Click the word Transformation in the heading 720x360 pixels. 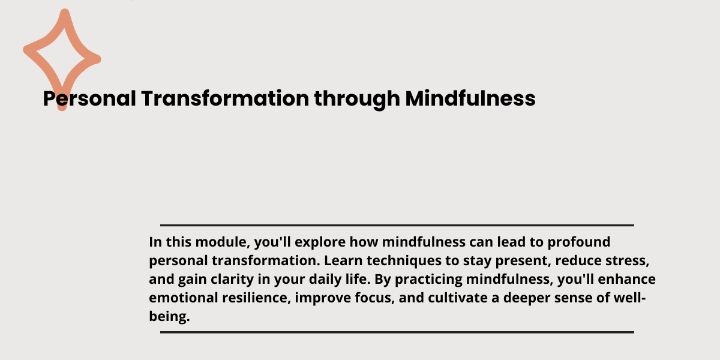coord(225,98)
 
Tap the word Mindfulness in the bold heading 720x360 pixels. coord(470,98)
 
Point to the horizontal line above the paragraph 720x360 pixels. coord(397,226)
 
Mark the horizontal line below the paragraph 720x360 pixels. coord(397,332)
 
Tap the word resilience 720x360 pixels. coord(256,298)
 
